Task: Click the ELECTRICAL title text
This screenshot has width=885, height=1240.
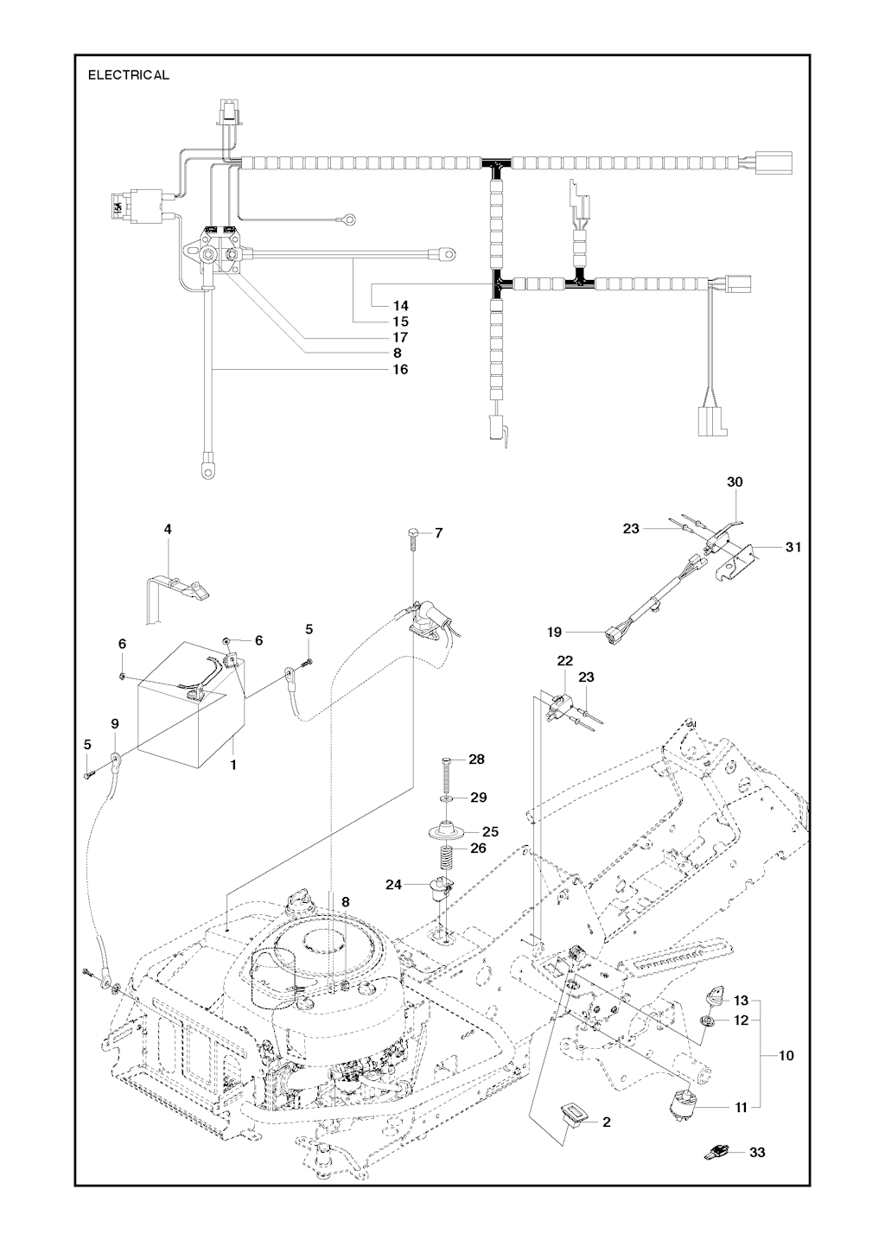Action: pyautogui.click(x=128, y=75)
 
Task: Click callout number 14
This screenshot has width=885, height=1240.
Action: pyautogui.click(x=399, y=305)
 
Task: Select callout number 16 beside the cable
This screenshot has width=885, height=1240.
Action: pyautogui.click(x=399, y=369)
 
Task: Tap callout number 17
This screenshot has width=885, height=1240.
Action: pyautogui.click(x=399, y=337)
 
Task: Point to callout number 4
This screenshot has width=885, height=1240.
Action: pyautogui.click(x=168, y=529)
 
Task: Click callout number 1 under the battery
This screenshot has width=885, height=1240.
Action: pyautogui.click(x=232, y=765)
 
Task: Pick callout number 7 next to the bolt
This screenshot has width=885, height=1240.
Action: pyautogui.click(x=438, y=533)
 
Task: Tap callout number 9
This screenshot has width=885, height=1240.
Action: pyautogui.click(x=115, y=722)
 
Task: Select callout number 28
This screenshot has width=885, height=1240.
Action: pyautogui.click(x=476, y=759)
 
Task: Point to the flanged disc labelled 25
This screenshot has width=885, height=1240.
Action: pyautogui.click(x=451, y=832)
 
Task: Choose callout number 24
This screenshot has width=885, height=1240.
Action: pyautogui.click(x=394, y=884)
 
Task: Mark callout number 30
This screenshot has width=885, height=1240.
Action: pyautogui.click(x=734, y=482)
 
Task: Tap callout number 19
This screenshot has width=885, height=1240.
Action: pyautogui.click(x=554, y=633)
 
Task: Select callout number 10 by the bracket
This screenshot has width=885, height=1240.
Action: pyautogui.click(x=786, y=1055)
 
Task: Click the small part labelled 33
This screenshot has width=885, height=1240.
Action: pyautogui.click(x=716, y=1151)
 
